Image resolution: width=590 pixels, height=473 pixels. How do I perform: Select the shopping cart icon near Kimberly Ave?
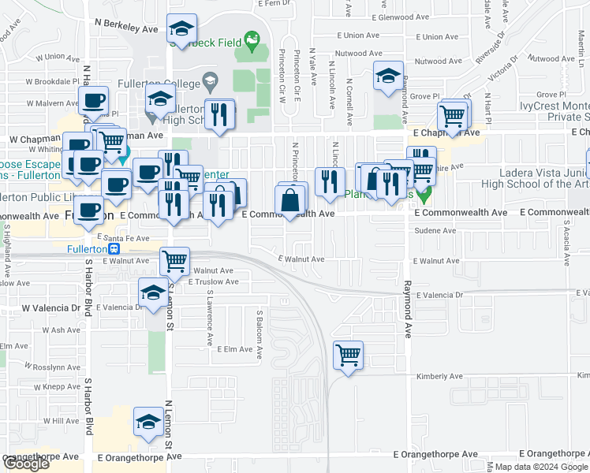pos(348,356)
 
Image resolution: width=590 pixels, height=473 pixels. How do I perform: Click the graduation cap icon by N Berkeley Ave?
pos(182,30)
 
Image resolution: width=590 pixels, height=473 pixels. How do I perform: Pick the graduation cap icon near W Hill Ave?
pos(148,421)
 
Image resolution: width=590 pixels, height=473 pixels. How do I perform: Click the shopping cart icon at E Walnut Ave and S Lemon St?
pos(174,261)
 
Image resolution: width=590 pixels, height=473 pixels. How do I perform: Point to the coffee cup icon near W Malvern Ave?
pos(93,101)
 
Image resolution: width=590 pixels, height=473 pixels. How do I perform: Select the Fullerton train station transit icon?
pos(115,248)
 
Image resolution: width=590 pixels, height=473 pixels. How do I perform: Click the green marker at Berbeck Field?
pos(252,38)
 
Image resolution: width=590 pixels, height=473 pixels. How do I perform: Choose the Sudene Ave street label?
pos(439,231)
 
